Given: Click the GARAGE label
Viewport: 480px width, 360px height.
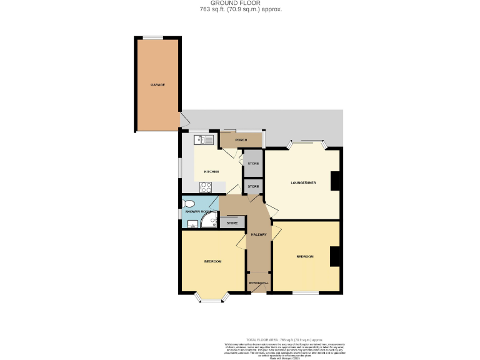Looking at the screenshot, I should (x=157, y=84).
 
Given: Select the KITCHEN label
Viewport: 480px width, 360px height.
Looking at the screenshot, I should (x=211, y=171).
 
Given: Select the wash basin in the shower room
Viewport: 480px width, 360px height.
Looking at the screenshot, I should (x=192, y=223).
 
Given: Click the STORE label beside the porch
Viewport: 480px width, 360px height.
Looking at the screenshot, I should (x=253, y=164).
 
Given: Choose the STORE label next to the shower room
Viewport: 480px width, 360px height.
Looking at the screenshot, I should (x=232, y=222).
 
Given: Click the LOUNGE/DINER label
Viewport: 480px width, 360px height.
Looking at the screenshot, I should (x=303, y=182).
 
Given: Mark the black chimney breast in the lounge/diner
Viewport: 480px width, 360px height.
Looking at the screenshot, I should (x=335, y=181).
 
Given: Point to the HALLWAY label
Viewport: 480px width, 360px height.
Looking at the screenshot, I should (x=259, y=234).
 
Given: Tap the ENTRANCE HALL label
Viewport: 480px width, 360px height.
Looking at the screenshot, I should (x=258, y=283).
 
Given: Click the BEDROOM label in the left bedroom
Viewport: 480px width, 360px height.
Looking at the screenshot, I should (x=212, y=261).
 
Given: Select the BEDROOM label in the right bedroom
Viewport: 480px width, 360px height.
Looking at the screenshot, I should (x=304, y=257).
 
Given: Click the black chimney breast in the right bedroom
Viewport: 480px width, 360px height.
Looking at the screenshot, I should (x=335, y=256).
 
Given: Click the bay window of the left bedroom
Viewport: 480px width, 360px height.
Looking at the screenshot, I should (x=211, y=299).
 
